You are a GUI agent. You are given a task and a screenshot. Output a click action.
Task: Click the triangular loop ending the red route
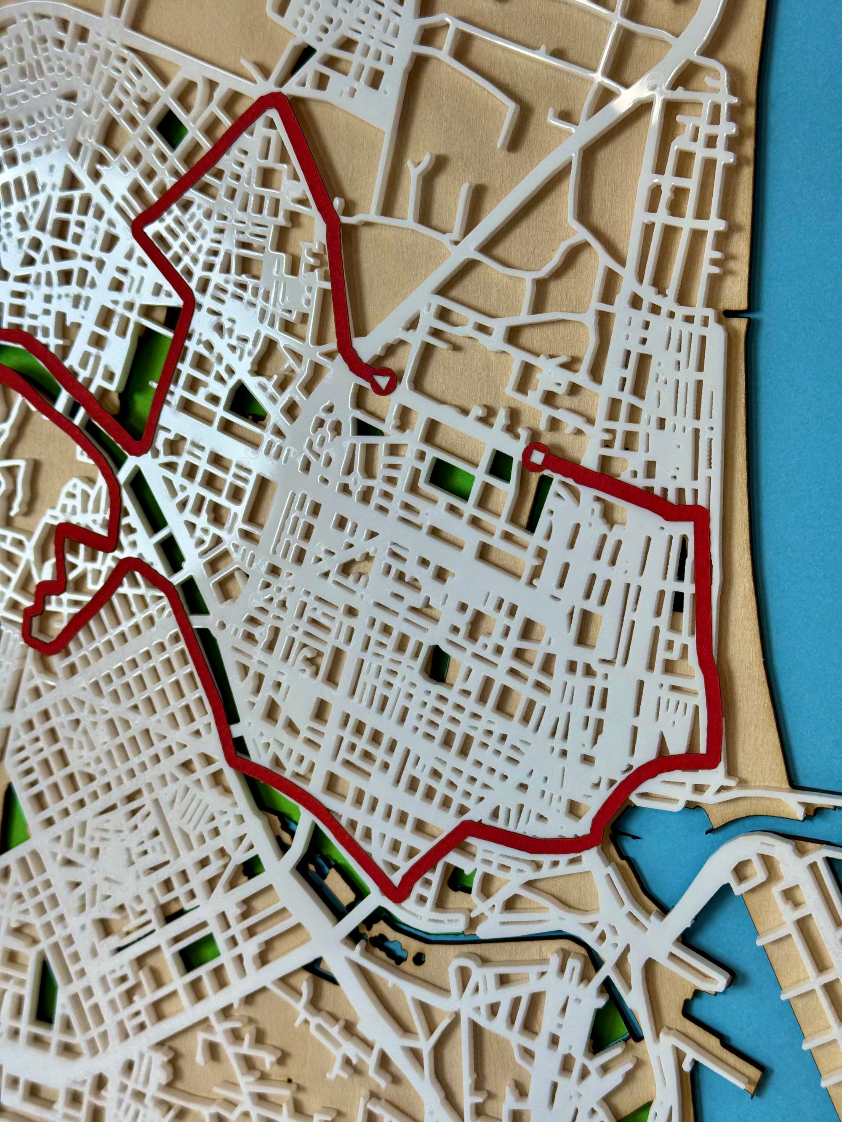point(383,380)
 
